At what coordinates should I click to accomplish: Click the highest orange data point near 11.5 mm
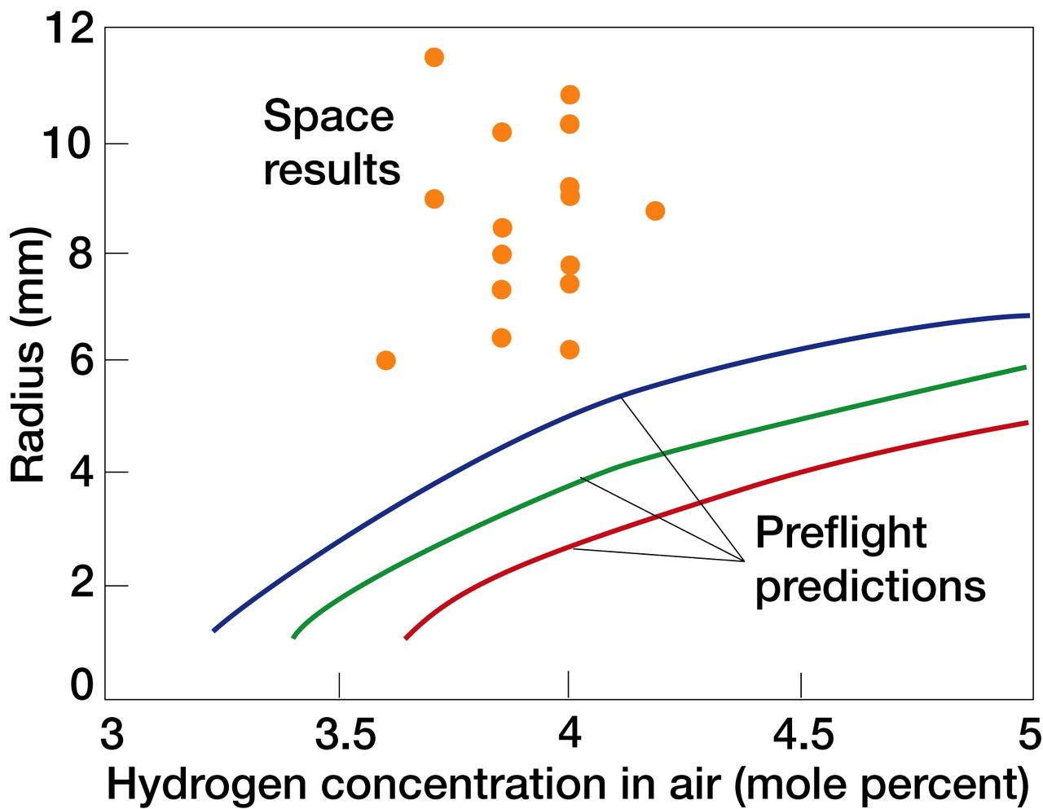tap(434, 57)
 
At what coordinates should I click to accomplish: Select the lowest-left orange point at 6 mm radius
tap(386, 360)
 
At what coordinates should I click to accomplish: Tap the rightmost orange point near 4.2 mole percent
tap(655, 211)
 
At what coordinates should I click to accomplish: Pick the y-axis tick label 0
tap(82, 685)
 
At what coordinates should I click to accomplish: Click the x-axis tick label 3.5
tap(339, 736)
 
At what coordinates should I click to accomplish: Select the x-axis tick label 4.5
tap(802, 736)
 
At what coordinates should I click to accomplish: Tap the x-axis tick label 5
tap(1029, 736)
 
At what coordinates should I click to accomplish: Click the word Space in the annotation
tap(328, 117)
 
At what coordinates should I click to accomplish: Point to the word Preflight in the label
tap(840, 533)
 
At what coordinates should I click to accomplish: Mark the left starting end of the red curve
tap(406, 638)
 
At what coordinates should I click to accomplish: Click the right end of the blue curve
tap(1028, 315)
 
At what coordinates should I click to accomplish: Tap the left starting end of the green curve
tap(293, 636)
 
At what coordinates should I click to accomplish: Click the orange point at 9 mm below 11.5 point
tap(434, 199)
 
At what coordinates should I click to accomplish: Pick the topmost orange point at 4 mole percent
tap(570, 95)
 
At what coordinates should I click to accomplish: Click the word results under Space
tap(332, 170)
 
